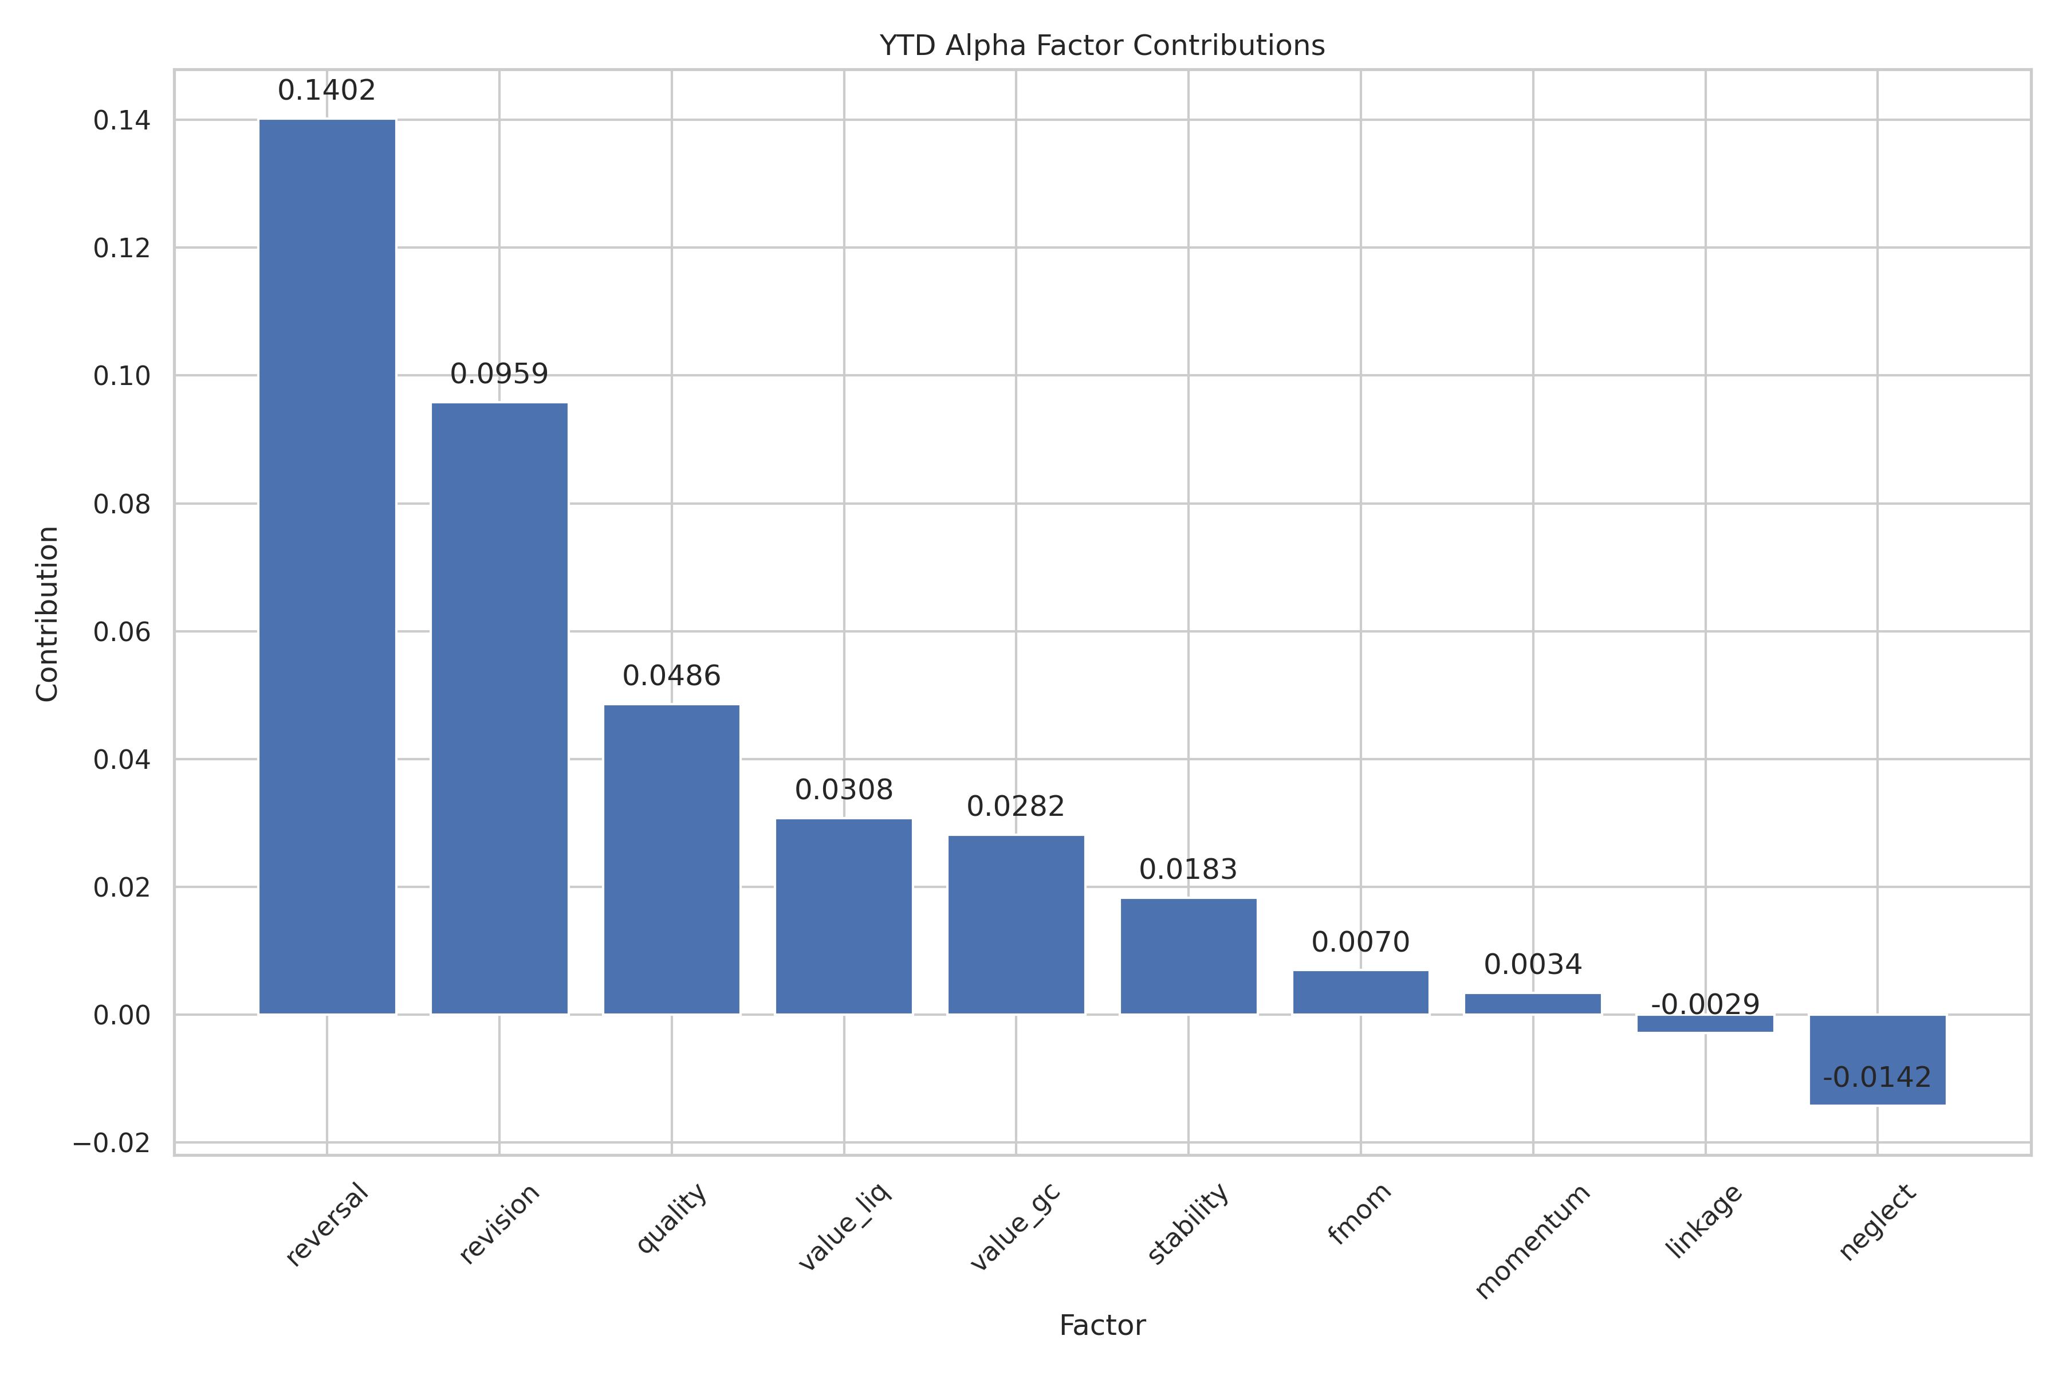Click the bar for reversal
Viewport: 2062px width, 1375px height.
tap(327, 567)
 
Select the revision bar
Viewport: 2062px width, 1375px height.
tap(499, 709)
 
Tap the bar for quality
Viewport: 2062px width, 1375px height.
tap(671, 859)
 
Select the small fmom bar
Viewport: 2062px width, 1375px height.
tap(1361, 993)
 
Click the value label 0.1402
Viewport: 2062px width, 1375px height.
tap(327, 91)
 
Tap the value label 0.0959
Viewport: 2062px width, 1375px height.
tap(499, 375)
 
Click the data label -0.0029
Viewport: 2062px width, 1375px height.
tap(1705, 1005)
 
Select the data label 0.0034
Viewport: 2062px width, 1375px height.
tap(1533, 965)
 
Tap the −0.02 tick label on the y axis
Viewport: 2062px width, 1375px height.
tap(111, 1144)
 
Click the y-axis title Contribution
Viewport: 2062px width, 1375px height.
tap(48, 614)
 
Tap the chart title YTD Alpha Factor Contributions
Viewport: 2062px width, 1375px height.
tap(1102, 46)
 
